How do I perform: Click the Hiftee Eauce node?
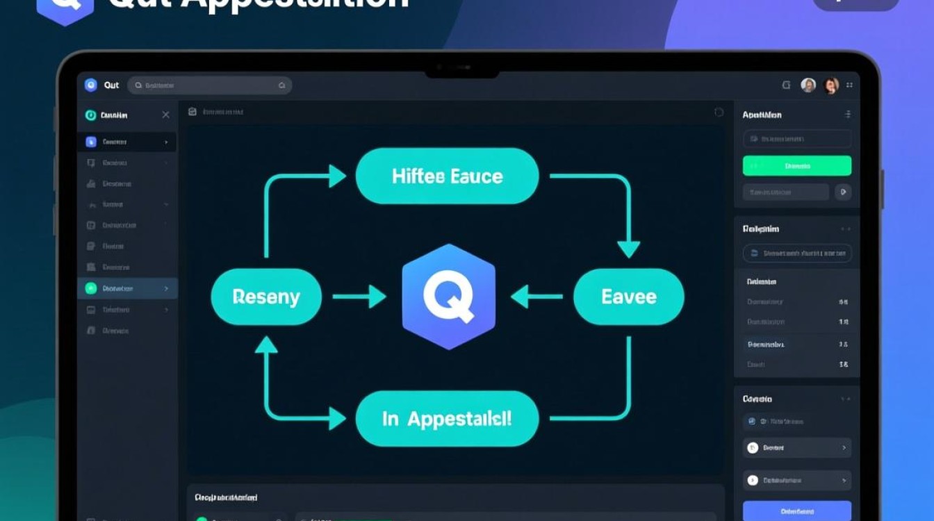(x=447, y=176)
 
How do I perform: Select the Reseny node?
(x=266, y=297)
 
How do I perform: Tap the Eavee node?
(x=628, y=297)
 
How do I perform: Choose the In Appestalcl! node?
(x=447, y=418)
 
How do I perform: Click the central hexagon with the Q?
(x=449, y=297)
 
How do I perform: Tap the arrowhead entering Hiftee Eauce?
(x=338, y=176)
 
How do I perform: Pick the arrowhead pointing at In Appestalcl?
(x=338, y=418)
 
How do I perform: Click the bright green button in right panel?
(x=796, y=166)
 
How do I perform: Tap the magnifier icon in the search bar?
(x=139, y=85)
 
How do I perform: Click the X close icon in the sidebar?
(x=165, y=115)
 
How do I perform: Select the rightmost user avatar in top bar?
(x=830, y=85)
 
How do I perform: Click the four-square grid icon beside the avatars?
(x=849, y=85)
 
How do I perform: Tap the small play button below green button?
(x=843, y=192)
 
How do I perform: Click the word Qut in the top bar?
(x=111, y=85)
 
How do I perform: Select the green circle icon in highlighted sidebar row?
(x=90, y=288)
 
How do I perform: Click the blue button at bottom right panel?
(x=796, y=511)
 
